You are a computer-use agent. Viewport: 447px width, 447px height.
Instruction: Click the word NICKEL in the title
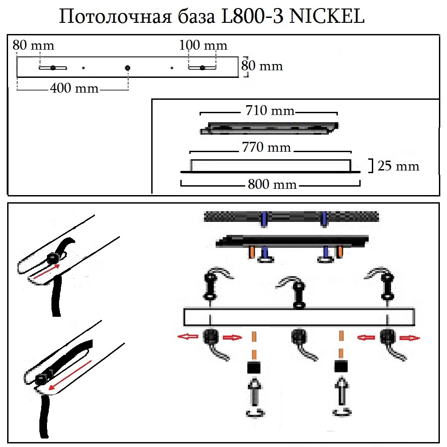pyautogui.click(x=328, y=17)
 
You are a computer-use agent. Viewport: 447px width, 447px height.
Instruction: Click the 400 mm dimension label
pyautogui.click(x=74, y=88)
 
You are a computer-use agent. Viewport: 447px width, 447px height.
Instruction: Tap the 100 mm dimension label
pyautogui.click(x=203, y=45)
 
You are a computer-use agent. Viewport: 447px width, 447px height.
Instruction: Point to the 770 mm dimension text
pyautogui.click(x=267, y=147)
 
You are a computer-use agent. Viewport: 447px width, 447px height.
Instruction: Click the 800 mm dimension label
pyautogui.click(x=272, y=184)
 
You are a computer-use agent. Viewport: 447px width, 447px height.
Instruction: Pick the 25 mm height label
pyautogui.click(x=399, y=166)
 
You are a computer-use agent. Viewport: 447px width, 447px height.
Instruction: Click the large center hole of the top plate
pyautogui.click(x=128, y=68)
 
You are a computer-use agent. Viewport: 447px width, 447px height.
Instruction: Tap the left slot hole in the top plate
pyautogui.click(x=53, y=68)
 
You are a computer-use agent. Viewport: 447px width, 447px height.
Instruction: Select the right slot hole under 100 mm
pyautogui.click(x=202, y=68)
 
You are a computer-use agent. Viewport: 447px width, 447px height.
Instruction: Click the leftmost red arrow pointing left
pyautogui.click(x=187, y=337)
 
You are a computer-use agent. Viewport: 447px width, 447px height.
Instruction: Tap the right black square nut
pyautogui.click(x=341, y=368)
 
